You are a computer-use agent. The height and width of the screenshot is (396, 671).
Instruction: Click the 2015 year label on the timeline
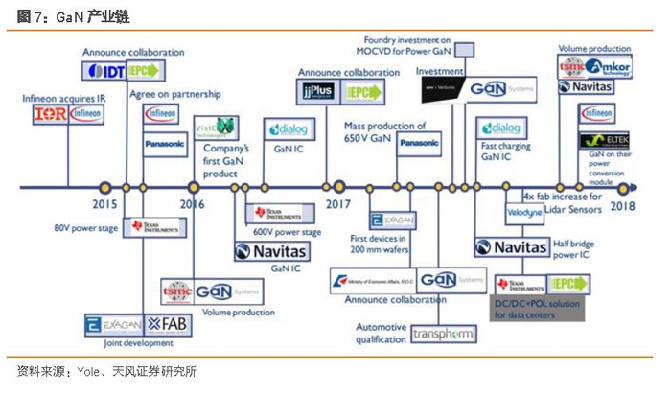point(104,203)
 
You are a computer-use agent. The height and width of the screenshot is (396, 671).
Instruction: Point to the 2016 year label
point(192,203)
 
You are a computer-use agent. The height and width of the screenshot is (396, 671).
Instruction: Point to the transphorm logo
point(437,334)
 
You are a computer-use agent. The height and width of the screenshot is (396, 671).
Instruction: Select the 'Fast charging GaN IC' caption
point(500,151)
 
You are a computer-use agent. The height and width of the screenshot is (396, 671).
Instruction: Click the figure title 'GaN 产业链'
point(86,16)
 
